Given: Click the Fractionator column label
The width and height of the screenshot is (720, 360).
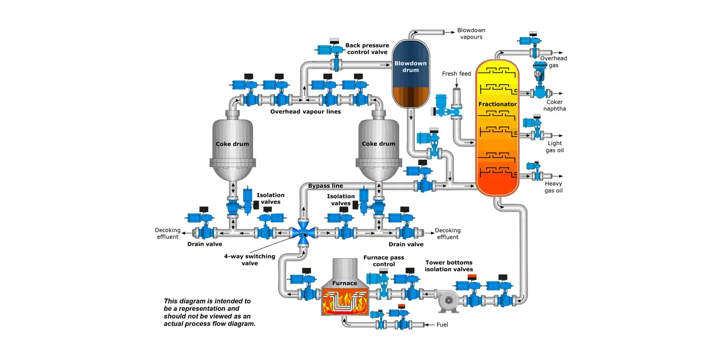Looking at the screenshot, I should pyautogui.click(x=497, y=104).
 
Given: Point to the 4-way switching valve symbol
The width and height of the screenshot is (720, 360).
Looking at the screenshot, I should pyautogui.click(x=303, y=231).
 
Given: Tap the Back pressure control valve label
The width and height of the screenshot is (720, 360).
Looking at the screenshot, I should pyautogui.click(x=367, y=49).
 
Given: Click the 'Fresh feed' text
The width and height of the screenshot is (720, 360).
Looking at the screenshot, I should pyautogui.click(x=456, y=74).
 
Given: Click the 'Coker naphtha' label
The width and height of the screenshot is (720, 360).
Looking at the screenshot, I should pyautogui.click(x=555, y=105).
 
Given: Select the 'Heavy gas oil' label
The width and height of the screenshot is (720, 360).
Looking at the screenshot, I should pyautogui.click(x=553, y=187).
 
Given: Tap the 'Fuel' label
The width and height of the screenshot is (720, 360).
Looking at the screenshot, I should pyautogui.click(x=442, y=324).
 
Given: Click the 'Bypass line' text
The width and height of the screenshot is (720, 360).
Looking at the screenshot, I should pyautogui.click(x=325, y=185).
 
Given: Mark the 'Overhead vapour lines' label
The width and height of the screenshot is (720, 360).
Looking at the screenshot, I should pyautogui.click(x=305, y=112).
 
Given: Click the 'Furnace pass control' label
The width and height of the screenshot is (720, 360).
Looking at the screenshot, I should pyautogui.click(x=383, y=261).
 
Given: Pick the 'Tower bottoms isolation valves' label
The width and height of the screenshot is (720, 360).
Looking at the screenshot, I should pyautogui.click(x=449, y=266).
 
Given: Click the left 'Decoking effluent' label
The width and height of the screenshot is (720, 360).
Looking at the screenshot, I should pyautogui.click(x=167, y=233).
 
